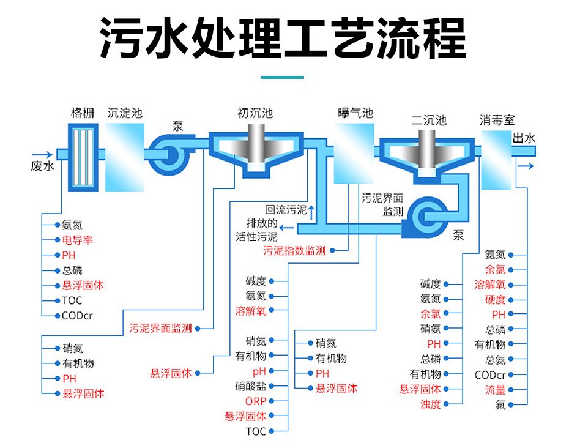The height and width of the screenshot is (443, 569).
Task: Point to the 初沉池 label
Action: [x=255, y=113]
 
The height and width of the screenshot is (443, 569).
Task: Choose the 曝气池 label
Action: [x=355, y=113]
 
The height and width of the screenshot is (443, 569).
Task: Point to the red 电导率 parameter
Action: [x=78, y=240]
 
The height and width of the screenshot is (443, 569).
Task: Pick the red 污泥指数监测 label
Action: [x=294, y=251]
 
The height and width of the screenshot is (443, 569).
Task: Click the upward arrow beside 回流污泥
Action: [x=312, y=212]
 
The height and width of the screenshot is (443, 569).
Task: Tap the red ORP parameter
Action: [x=256, y=401]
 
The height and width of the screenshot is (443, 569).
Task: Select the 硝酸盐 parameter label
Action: [x=251, y=386]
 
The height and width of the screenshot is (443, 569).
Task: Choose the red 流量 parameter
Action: [x=496, y=390]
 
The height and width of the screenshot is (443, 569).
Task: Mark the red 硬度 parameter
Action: [x=496, y=300]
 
